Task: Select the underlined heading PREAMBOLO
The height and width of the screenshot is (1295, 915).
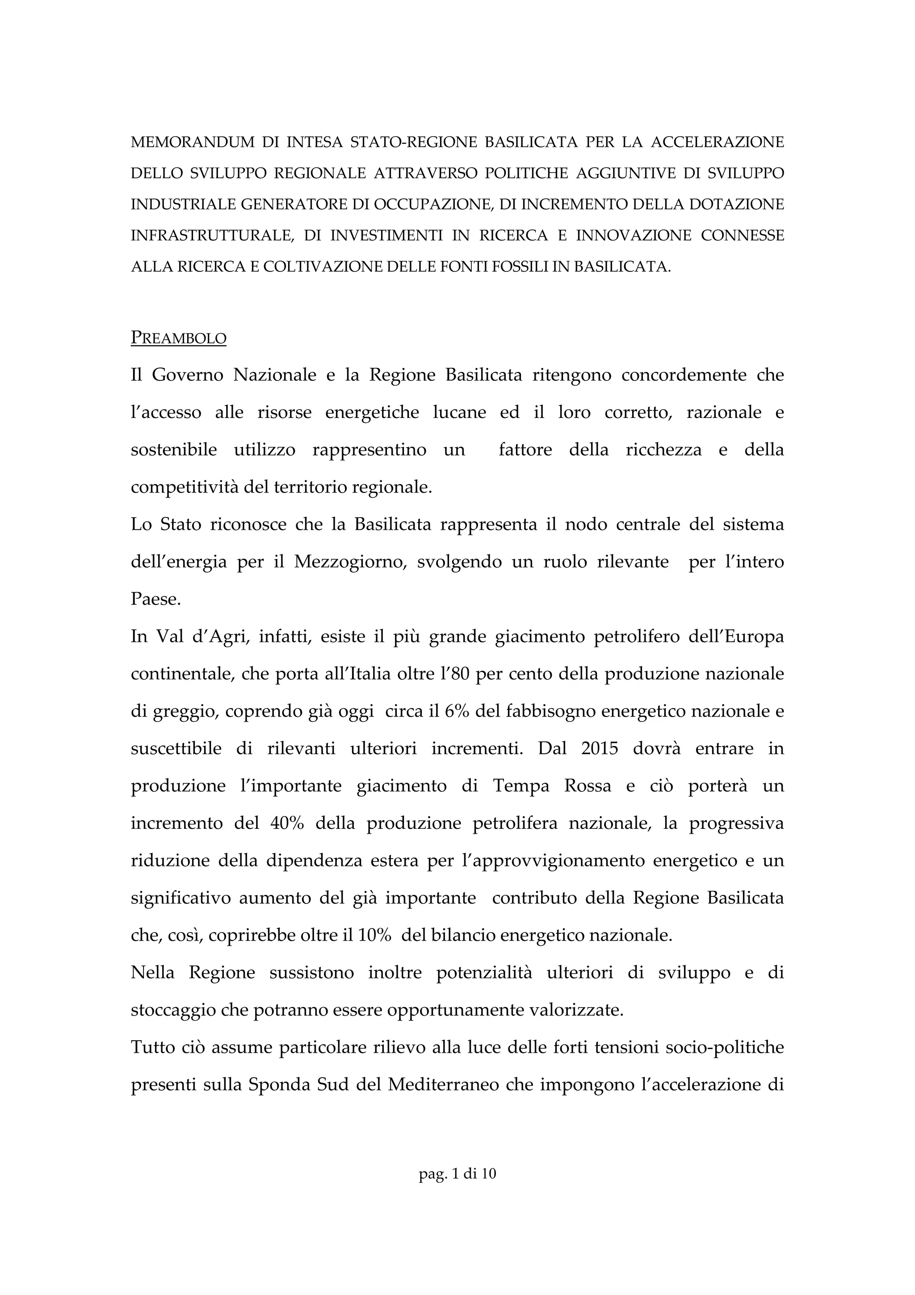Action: [x=178, y=338]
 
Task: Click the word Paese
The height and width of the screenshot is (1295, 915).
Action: [x=155, y=599]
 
